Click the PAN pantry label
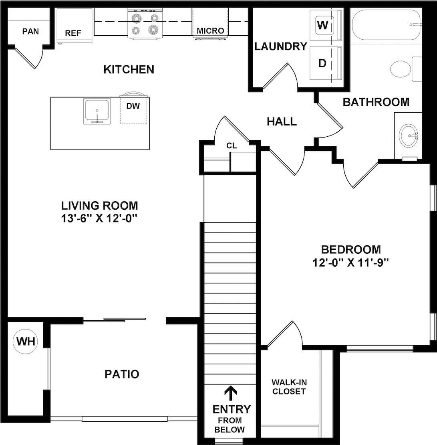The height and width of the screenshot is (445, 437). pyautogui.click(x=30, y=31)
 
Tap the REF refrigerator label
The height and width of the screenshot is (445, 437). pyautogui.click(x=73, y=33)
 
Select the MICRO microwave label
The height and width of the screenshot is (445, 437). pyautogui.click(x=210, y=30)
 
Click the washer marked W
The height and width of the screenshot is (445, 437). pyautogui.click(x=322, y=26)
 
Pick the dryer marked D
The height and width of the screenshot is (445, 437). pyautogui.click(x=322, y=63)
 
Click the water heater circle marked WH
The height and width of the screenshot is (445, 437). pyautogui.click(x=26, y=342)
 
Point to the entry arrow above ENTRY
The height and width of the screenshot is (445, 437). pyautogui.click(x=230, y=393)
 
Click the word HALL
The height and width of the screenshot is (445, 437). pyautogui.click(x=282, y=121)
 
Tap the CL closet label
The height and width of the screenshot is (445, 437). pyautogui.click(x=232, y=146)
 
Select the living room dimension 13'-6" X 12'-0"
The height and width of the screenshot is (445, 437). pyautogui.click(x=99, y=219)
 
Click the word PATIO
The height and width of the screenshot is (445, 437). pyautogui.click(x=122, y=374)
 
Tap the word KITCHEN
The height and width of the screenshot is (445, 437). pyautogui.click(x=129, y=69)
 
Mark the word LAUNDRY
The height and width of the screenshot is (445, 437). pyautogui.click(x=280, y=47)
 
